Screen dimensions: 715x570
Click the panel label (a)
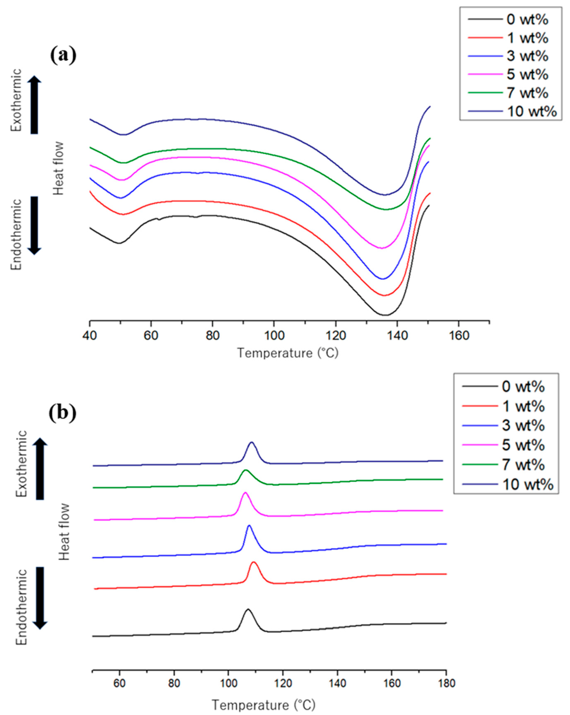(x=63, y=55)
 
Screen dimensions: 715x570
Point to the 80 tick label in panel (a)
(x=212, y=336)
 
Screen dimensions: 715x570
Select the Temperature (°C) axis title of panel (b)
(x=264, y=705)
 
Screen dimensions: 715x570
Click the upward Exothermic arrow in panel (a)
(x=34, y=104)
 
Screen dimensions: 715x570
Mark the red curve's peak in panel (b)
(x=254, y=562)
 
